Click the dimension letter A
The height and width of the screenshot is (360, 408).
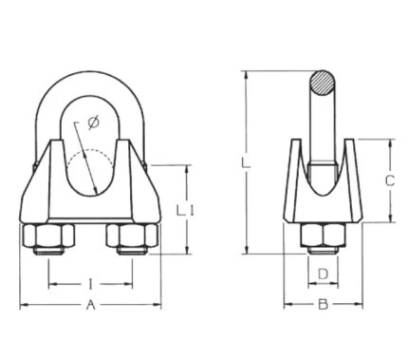(91, 305)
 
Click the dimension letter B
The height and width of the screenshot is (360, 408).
(323, 305)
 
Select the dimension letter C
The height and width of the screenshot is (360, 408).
(390, 180)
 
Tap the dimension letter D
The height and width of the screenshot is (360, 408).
(323, 275)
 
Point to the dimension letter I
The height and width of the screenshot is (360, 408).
(91, 284)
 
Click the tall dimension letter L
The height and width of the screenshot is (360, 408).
(246, 162)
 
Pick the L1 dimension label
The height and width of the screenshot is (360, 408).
(185, 211)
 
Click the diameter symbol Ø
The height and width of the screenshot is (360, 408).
(93, 123)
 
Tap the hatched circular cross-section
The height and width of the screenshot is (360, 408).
(322, 83)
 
